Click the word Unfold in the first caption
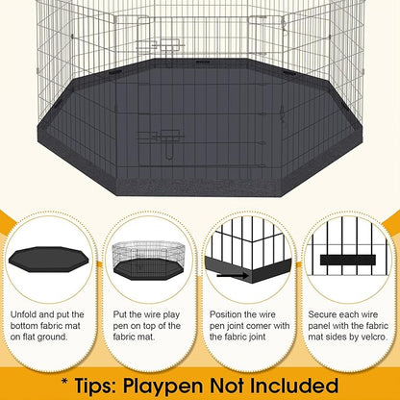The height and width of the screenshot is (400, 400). [x=27, y=314]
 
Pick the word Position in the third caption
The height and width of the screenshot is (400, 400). [x=229, y=314]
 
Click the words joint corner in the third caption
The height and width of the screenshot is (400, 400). [x=240, y=327]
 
